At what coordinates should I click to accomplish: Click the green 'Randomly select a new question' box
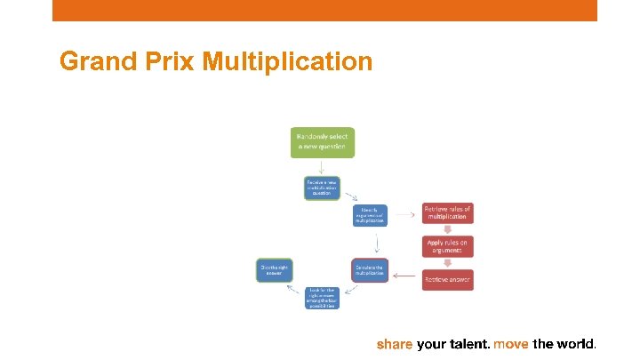point(322,143)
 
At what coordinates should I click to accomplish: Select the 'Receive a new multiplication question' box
point(322,188)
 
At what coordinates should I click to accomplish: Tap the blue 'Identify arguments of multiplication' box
point(369,216)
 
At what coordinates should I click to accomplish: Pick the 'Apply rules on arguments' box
point(448,246)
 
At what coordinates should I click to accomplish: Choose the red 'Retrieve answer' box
point(448,278)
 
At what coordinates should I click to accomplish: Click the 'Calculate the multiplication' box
point(369,269)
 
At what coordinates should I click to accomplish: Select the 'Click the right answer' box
point(275,269)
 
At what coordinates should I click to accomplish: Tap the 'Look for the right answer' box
point(322,298)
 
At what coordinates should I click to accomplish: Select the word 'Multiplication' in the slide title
point(287,61)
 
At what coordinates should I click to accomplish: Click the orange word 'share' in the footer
point(395,344)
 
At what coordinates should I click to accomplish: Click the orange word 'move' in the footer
point(511,344)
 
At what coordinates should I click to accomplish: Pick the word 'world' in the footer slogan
point(574,344)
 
